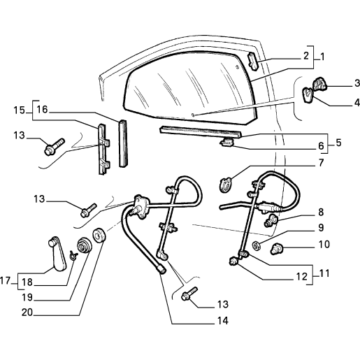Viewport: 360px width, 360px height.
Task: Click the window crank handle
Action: [57, 254]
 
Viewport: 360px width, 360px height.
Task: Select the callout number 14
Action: [223, 321]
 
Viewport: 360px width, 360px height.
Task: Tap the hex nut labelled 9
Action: [256, 246]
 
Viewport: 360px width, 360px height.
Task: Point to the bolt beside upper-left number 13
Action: [54, 147]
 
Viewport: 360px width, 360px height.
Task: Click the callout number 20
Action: [27, 312]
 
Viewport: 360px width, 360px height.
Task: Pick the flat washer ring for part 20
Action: [99, 235]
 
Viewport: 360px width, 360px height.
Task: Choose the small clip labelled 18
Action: [73, 256]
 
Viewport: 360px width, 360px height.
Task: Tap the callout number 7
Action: [321, 163]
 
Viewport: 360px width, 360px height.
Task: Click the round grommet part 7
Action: [226, 185]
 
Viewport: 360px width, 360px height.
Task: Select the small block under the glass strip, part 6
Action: [226, 142]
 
